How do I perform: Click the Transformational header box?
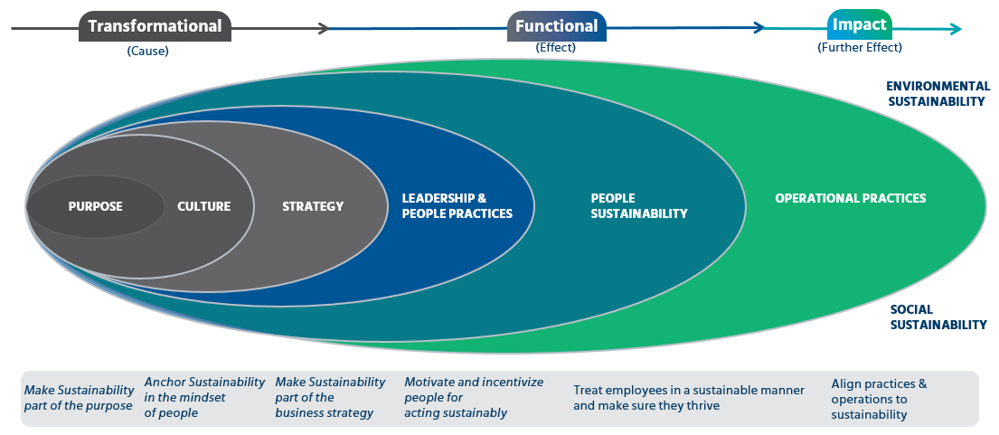[x=155, y=26]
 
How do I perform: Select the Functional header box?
[x=557, y=26]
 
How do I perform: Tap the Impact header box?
[x=860, y=24]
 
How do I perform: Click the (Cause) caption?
[x=147, y=52]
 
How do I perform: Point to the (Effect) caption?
[x=556, y=48]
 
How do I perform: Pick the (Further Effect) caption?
[x=860, y=47]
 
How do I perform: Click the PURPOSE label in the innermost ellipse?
[x=96, y=206]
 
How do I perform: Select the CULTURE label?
[x=204, y=206]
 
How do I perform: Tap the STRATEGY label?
[x=313, y=206]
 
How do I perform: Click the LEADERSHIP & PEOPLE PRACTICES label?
[x=457, y=205]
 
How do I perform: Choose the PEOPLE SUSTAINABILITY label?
[x=639, y=205]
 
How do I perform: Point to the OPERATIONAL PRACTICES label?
[x=851, y=198]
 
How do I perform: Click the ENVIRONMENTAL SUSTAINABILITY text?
[x=938, y=94]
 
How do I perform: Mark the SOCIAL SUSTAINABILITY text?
[x=938, y=317]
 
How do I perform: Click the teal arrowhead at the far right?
[x=956, y=28]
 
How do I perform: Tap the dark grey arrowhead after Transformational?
[x=324, y=28]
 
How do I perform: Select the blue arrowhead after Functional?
[x=759, y=27]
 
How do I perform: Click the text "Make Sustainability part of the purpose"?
[x=79, y=398]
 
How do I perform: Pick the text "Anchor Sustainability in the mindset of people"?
[x=204, y=397]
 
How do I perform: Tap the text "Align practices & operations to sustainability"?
[x=880, y=400]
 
